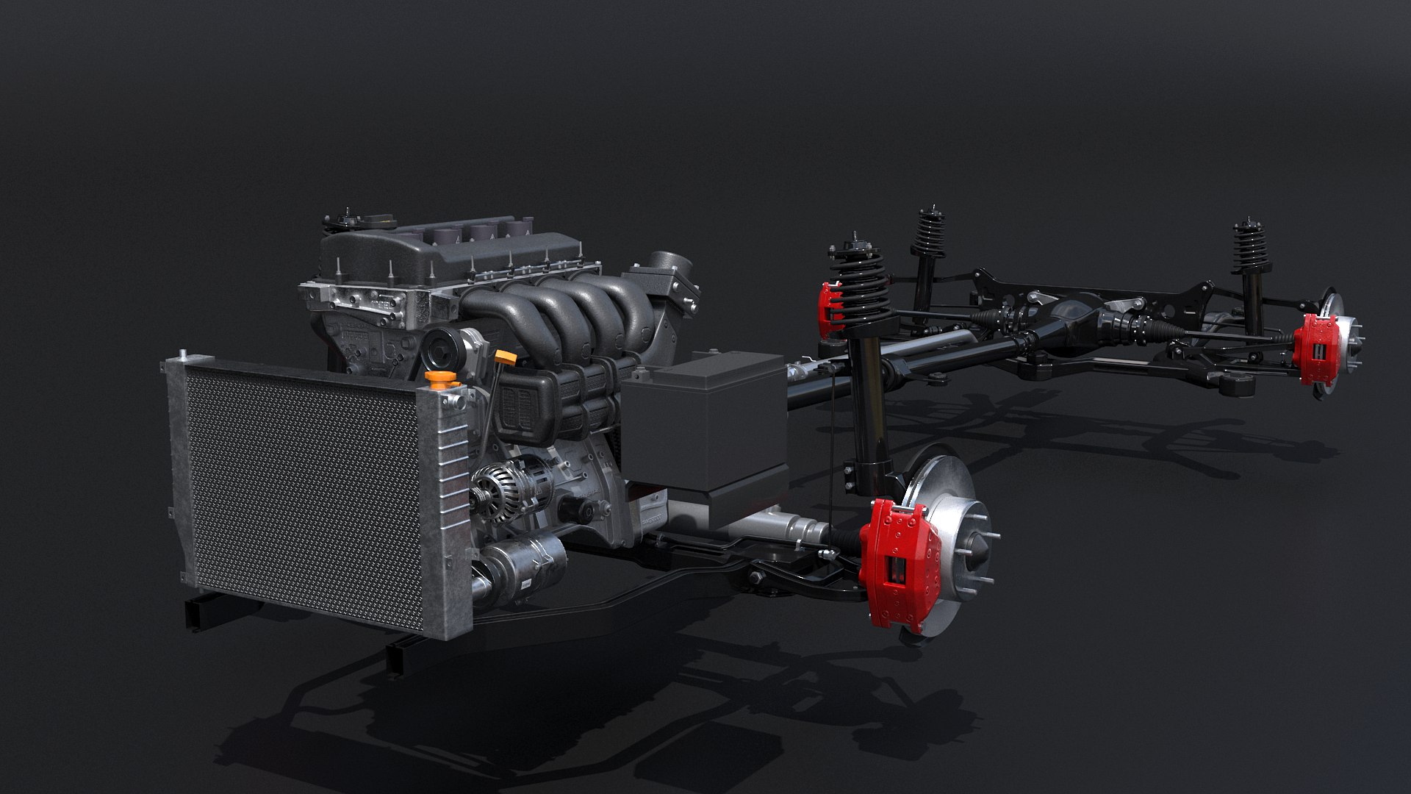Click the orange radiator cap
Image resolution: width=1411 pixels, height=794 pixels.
click(439, 379)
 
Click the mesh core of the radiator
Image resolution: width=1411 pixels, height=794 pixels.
click(301, 493)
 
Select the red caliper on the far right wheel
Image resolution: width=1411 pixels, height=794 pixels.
click(1315, 349)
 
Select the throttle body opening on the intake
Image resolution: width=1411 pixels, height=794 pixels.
click(672, 265)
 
